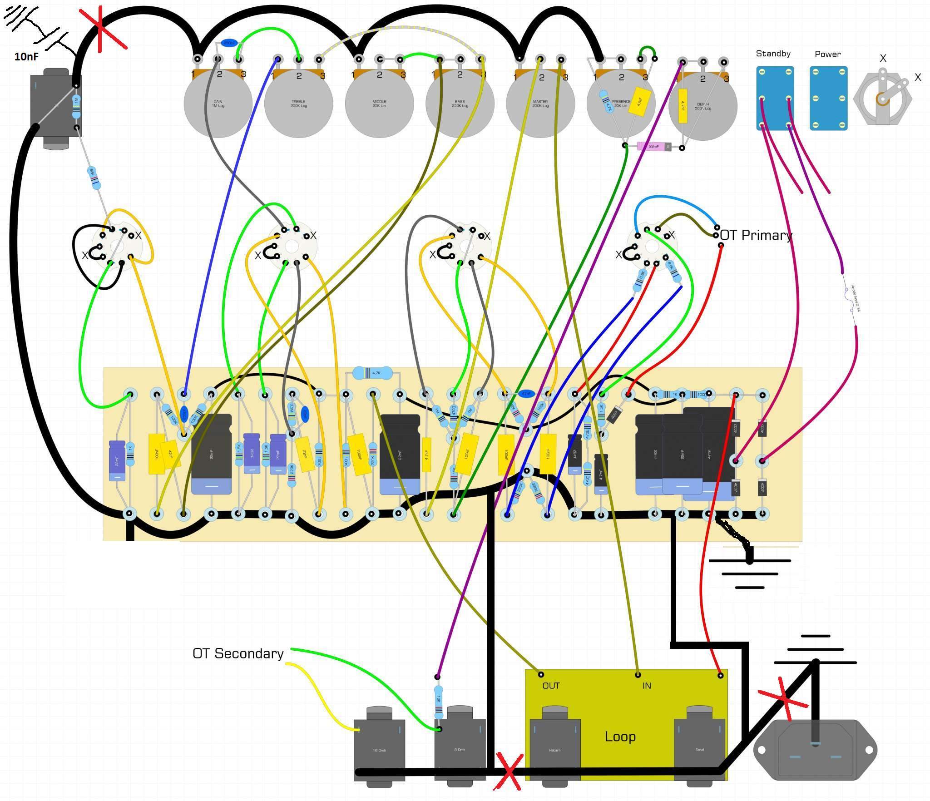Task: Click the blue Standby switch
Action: point(775,98)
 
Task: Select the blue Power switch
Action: point(829,98)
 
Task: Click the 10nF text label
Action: point(26,57)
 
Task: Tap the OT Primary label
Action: point(756,235)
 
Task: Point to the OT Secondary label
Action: point(238,653)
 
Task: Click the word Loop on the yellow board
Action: point(620,736)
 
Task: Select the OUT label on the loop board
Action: point(551,686)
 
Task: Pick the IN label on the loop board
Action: point(647,686)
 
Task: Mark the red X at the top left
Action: point(101,28)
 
